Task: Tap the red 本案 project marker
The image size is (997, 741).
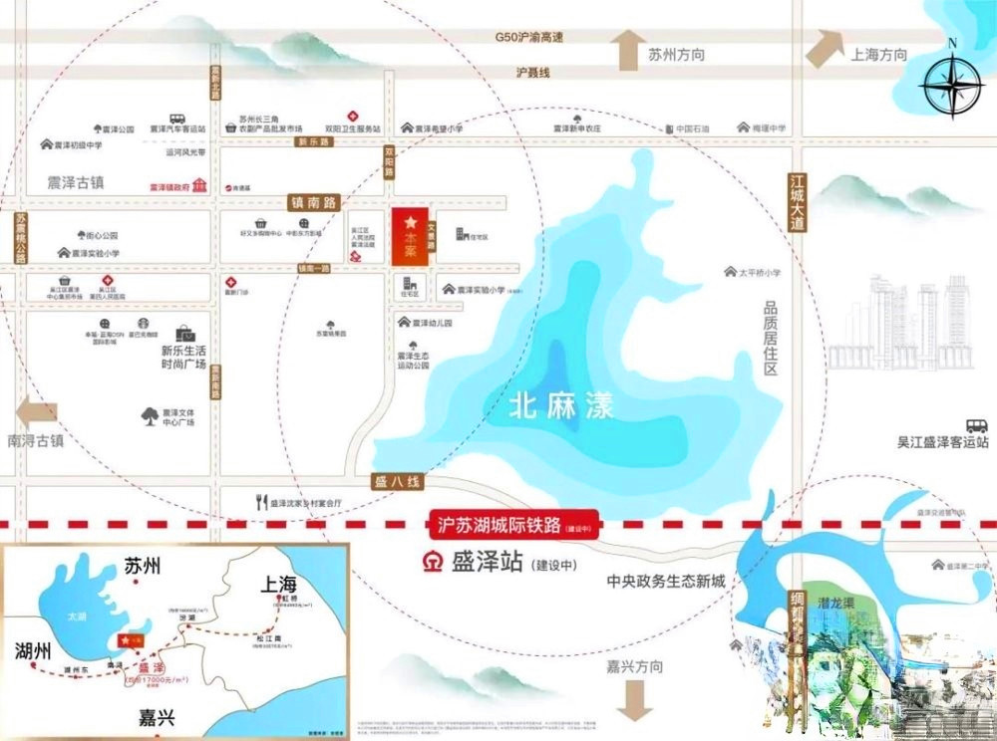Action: coord(410,237)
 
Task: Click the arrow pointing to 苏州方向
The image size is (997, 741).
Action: coord(628,51)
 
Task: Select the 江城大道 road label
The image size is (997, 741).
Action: coord(797,203)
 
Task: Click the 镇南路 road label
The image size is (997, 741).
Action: coord(314,202)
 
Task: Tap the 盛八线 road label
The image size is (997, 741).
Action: coord(399,481)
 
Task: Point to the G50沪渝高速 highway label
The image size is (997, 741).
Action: coord(529,38)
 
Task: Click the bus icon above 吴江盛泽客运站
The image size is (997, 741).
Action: coord(976,425)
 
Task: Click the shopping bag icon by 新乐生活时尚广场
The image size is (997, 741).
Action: coord(186,334)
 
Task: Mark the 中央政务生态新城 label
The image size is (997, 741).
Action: coord(667,581)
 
